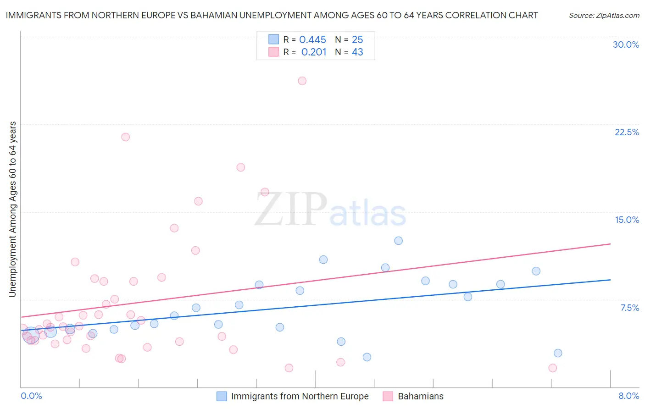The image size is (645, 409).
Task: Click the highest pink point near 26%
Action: (302, 81)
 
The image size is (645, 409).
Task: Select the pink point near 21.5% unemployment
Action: (125, 137)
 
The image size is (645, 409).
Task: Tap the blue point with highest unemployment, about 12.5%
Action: (398, 241)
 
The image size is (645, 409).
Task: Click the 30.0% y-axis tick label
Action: (626, 44)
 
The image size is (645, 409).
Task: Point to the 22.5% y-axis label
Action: (627, 132)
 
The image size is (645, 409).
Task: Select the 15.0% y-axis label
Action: (627, 220)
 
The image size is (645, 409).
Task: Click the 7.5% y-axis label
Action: (629, 308)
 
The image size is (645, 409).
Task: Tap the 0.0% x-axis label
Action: (31, 396)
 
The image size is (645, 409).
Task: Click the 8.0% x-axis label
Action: (628, 396)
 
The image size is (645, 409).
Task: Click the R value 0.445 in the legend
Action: (312, 40)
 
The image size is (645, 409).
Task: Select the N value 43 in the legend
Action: (357, 52)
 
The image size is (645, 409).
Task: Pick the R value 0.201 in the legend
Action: (314, 52)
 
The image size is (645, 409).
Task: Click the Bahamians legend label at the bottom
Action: (420, 396)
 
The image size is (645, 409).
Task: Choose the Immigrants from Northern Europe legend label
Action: (300, 396)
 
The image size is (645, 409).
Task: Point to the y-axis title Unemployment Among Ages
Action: (12, 209)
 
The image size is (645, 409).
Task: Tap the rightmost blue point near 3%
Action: (557, 353)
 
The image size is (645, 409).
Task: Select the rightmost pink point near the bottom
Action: (552, 368)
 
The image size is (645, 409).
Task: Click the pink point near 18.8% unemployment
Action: (240, 167)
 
